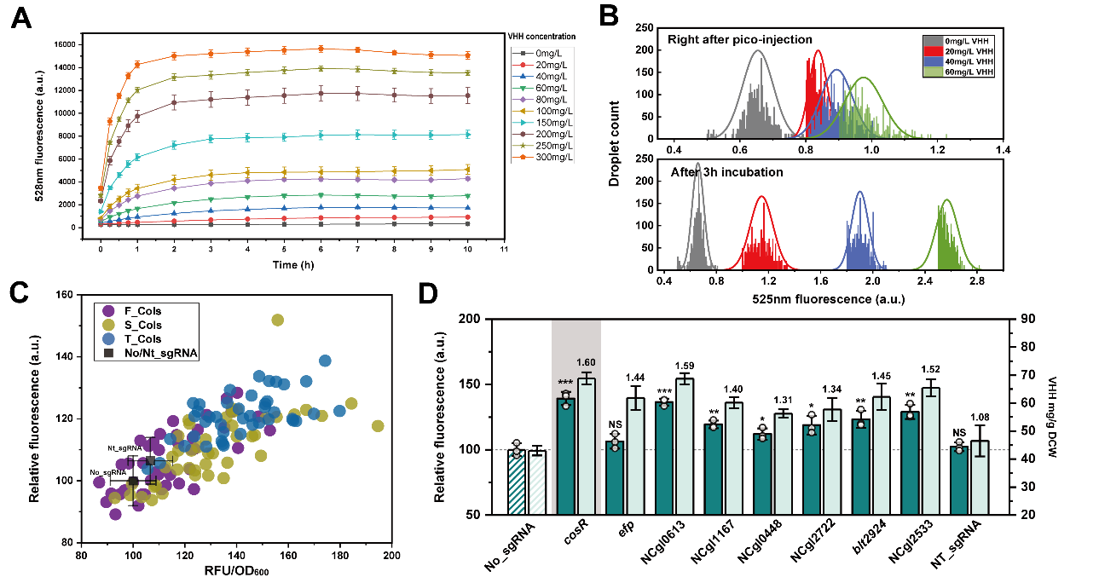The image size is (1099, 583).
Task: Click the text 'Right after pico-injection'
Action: pos(739,39)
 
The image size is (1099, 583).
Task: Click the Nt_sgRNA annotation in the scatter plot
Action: pos(123,448)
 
